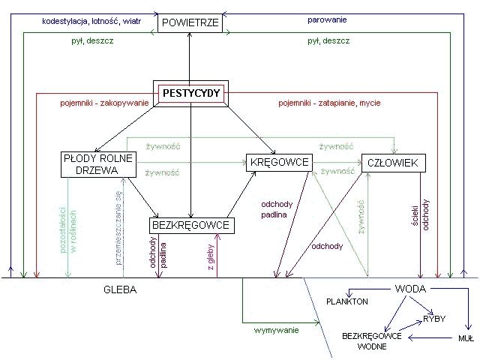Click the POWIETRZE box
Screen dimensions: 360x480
point(190,23)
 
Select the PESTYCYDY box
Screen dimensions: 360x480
point(190,94)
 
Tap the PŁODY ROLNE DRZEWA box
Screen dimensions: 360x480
point(98,165)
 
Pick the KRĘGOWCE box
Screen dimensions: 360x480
point(278,162)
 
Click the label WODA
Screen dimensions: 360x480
point(410,289)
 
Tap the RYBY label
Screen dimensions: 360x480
point(434,319)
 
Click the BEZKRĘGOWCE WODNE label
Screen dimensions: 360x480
point(372,340)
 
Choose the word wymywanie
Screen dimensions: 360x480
point(275,331)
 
